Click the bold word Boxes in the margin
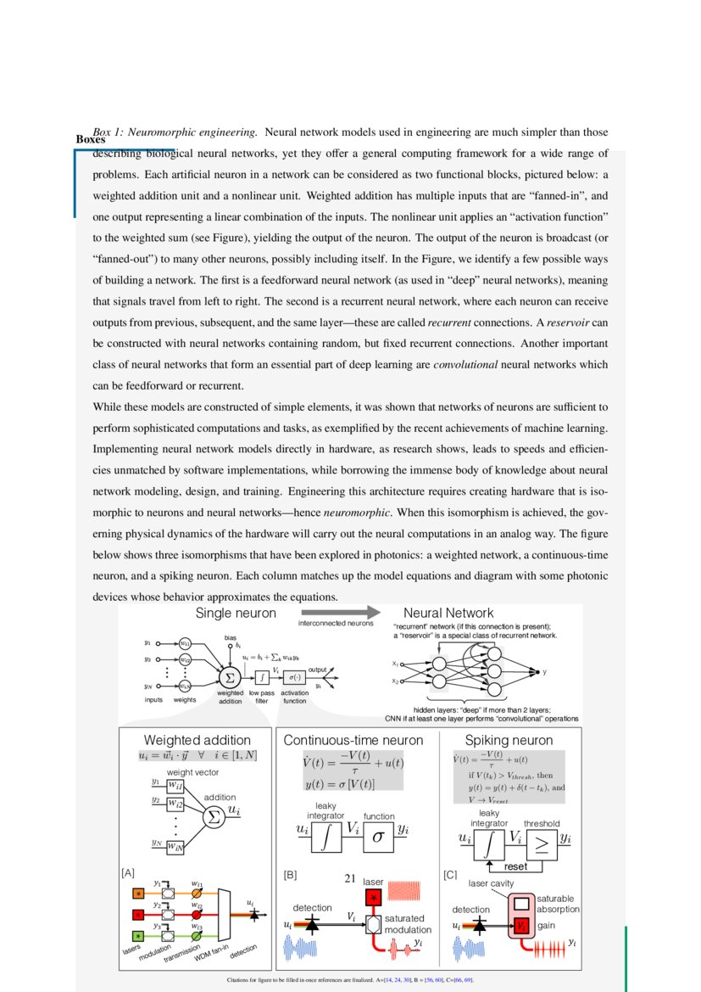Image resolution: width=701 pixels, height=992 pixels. [91, 139]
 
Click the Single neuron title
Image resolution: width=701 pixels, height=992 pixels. [236, 613]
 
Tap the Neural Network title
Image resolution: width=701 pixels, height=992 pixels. [448, 613]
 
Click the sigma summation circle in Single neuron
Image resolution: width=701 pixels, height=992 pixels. [229, 677]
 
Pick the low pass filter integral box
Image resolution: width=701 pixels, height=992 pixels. [264, 677]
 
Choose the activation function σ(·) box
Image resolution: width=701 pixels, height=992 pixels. [293, 677]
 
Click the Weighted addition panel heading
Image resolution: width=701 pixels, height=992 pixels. [197, 740]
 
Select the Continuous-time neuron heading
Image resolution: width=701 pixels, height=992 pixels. [353, 740]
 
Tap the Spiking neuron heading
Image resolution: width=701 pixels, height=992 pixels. [509, 740]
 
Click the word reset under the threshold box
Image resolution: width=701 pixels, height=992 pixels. [515, 867]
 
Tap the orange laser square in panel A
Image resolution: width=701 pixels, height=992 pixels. [138, 893]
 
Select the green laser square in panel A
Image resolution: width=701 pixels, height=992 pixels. [138, 935]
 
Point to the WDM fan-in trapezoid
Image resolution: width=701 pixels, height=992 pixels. [225, 915]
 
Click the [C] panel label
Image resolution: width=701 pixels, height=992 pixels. [450, 872]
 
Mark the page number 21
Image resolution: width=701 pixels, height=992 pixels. [349, 879]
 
